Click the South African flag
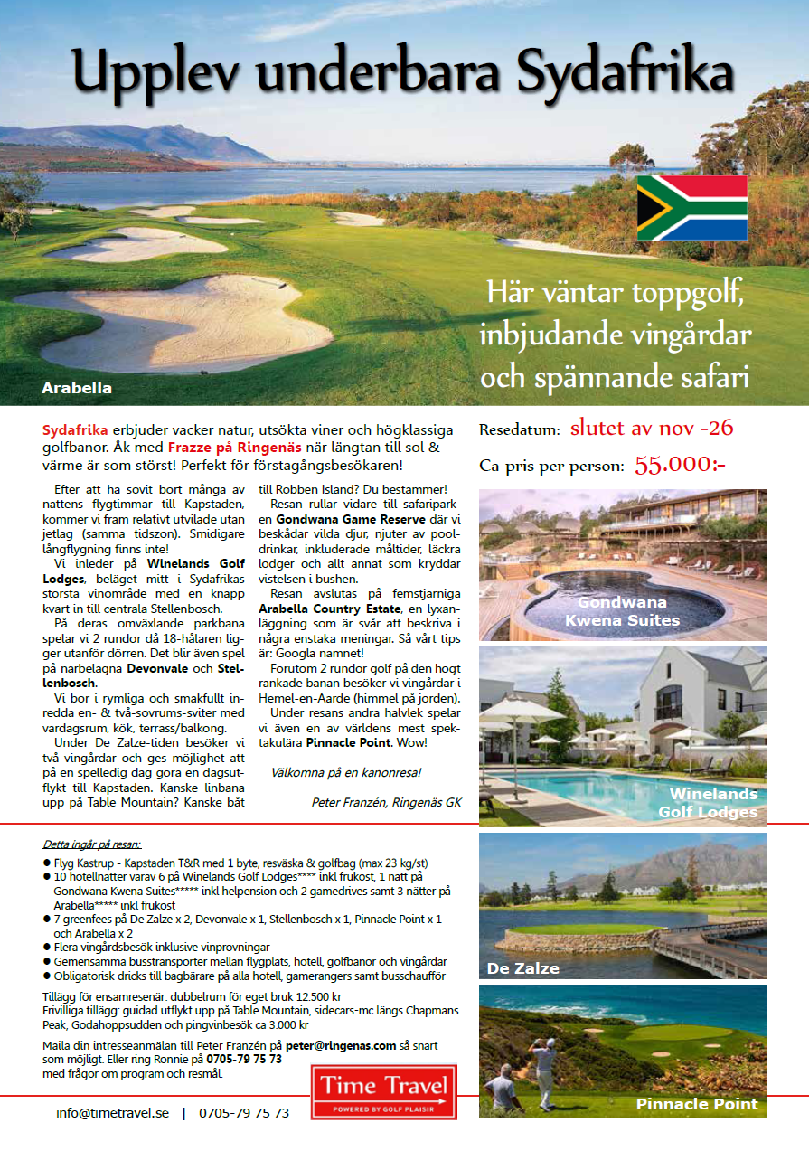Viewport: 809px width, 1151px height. tap(691, 208)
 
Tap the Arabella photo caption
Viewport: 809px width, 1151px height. tap(77, 388)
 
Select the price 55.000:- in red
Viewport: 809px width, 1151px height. tap(680, 465)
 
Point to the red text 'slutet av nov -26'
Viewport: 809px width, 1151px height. tap(651, 429)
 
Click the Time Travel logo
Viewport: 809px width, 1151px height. tap(384, 1091)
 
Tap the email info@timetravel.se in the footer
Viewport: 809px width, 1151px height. tap(113, 1113)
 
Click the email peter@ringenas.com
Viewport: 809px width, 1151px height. tap(341, 1045)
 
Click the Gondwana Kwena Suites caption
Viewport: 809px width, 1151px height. tap(622, 611)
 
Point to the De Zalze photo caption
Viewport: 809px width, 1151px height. tap(522, 968)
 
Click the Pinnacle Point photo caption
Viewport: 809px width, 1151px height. tap(696, 1104)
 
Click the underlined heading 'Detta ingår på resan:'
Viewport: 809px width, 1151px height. tap(91, 844)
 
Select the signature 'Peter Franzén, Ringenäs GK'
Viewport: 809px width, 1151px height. tap(386, 801)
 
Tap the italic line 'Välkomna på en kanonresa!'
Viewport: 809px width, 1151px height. tap(346, 772)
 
